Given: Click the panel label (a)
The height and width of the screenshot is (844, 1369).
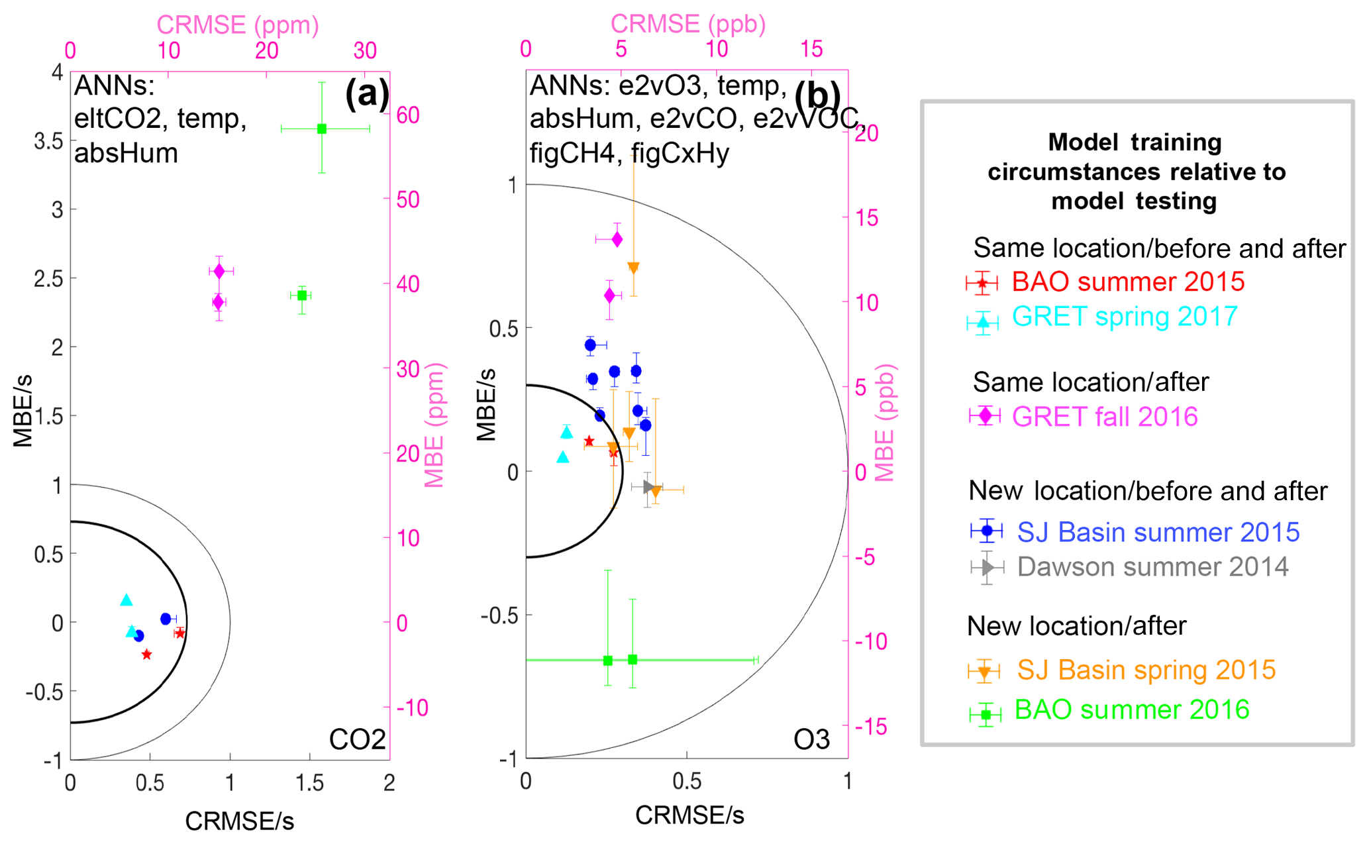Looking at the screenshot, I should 367,93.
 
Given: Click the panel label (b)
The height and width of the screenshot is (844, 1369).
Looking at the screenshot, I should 817,95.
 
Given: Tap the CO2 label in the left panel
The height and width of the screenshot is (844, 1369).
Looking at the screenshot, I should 357,739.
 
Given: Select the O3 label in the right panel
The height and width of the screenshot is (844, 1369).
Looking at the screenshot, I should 811,739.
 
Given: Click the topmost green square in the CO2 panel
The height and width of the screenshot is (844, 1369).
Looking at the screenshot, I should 322,129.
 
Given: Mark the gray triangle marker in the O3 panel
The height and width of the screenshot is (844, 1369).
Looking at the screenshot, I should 648,488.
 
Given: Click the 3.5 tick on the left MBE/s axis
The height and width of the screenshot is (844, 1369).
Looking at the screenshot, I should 48,141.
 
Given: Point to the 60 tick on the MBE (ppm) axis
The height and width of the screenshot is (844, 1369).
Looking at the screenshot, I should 408,115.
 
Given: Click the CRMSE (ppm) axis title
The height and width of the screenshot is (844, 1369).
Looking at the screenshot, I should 237,25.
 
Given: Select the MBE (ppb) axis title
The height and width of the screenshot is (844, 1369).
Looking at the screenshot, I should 885,423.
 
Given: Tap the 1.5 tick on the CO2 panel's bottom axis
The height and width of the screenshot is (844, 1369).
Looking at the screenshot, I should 309,783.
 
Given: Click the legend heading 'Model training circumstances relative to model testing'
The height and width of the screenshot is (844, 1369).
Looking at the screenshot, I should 1135,172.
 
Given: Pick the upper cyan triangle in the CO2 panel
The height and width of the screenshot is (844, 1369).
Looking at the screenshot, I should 127,600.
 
